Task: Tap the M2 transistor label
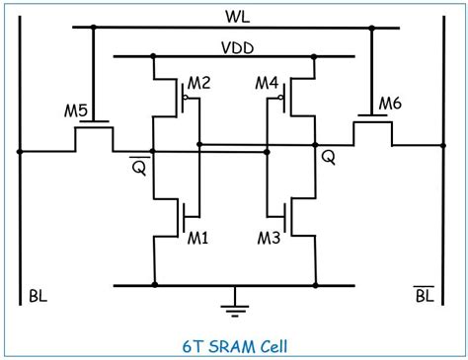tap(199, 83)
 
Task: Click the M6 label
tap(391, 103)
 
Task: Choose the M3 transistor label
tap(270, 238)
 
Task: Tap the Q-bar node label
tap(139, 168)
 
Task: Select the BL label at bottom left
tap(38, 295)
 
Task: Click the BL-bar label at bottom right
tap(424, 295)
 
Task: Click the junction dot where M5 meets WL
tap(93, 28)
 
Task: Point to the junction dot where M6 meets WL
tap(372, 28)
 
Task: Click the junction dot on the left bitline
tap(20, 152)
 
